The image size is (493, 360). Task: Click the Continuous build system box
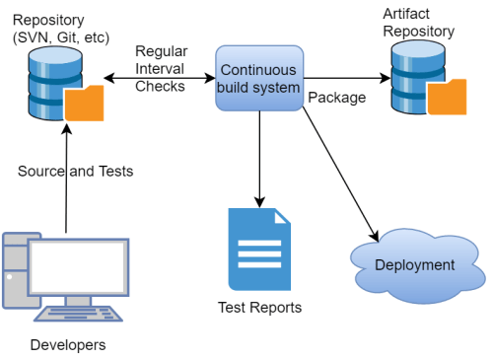259,79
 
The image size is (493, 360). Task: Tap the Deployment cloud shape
413,264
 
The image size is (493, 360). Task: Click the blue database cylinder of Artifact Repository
412,73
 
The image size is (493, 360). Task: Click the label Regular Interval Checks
160,69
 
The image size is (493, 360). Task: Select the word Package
336,99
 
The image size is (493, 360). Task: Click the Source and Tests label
75,171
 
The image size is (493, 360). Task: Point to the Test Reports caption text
259,307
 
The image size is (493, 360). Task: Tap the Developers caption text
67,344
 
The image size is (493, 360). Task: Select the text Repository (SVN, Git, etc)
56,27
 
